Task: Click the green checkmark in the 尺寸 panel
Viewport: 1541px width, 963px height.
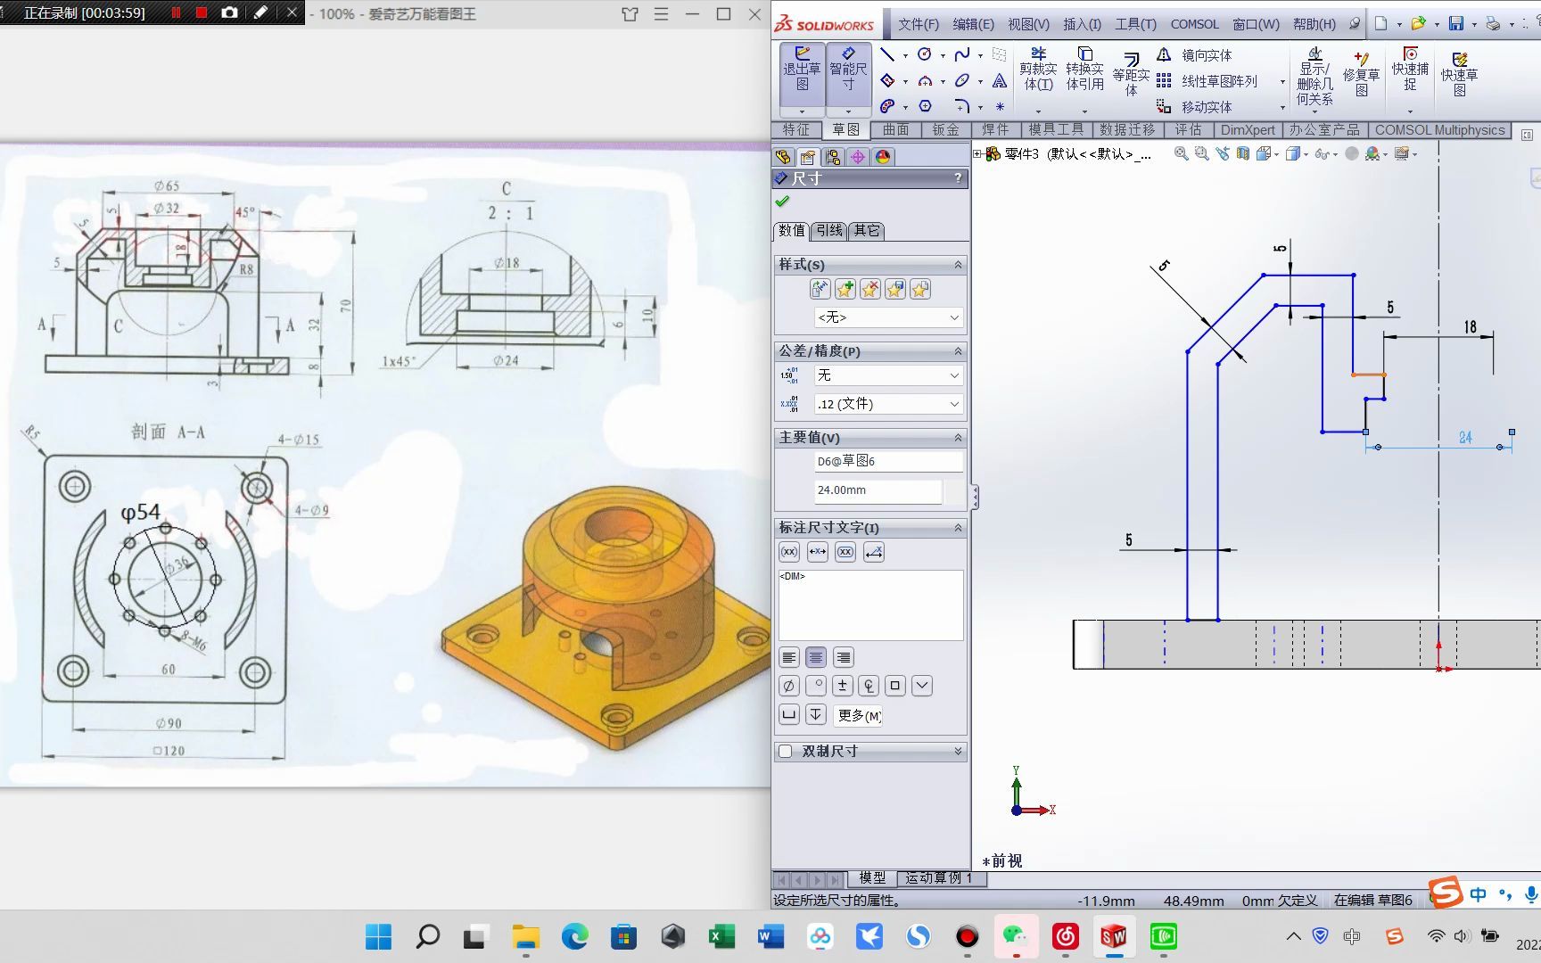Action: (783, 202)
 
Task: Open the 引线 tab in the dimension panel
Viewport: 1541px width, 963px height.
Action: (829, 230)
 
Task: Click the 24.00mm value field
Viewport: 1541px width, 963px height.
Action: (878, 490)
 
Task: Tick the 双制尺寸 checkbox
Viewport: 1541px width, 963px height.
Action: (786, 752)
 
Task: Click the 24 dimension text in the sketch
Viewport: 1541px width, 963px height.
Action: (1465, 438)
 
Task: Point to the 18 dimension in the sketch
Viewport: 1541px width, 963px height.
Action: (1470, 327)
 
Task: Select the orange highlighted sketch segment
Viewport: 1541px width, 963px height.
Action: (1368, 374)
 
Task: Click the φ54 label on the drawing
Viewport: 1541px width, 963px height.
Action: (141, 513)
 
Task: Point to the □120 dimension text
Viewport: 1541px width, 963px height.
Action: (169, 751)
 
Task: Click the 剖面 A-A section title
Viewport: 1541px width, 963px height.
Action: (169, 432)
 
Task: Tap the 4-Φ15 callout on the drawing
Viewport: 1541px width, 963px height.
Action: (298, 440)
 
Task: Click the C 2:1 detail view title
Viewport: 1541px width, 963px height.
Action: (509, 202)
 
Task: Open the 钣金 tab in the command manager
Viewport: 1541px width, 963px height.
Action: (945, 130)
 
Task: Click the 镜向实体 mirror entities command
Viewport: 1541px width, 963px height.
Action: (1206, 55)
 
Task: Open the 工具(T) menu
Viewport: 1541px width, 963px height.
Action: (1134, 24)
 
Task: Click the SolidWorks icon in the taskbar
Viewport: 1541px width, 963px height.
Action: (1113, 936)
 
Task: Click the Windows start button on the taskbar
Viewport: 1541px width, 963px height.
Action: (378, 936)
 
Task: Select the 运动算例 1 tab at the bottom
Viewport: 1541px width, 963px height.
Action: (938, 878)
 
